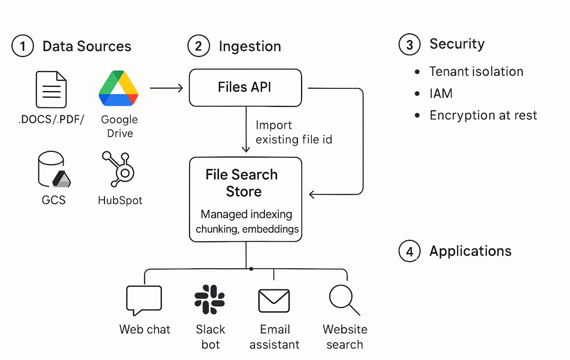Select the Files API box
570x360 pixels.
[x=245, y=87]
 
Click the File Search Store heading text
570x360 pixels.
[x=242, y=183]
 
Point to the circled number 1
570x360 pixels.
[x=22, y=47]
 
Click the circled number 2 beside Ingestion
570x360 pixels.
[x=199, y=47]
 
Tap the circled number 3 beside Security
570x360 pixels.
[x=409, y=44]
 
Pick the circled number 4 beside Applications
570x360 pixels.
[x=409, y=251]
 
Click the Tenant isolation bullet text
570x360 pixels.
[x=476, y=72]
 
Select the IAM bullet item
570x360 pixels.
[x=441, y=94]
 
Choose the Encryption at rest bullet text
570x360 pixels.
[x=483, y=115]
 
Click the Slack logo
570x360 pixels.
[x=210, y=299]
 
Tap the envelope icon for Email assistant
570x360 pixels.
[x=274, y=301]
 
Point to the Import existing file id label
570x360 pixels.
[x=294, y=133]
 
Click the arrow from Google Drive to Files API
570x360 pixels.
[x=166, y=88]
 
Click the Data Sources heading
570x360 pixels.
[x=87, y=47]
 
